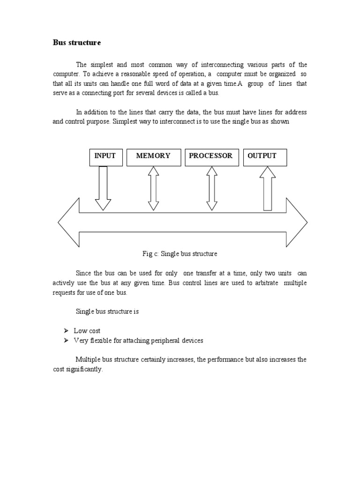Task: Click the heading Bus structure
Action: [76, 43]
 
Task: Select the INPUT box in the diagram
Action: [105, 157]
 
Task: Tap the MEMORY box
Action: [153, 157]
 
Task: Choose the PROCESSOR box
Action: [211, 157]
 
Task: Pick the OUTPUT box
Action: [265, 157]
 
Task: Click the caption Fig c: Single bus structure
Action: [180, 254]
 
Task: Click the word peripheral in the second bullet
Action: [166, 341]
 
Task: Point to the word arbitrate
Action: [263, 284]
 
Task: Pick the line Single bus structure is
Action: [107, 311]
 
